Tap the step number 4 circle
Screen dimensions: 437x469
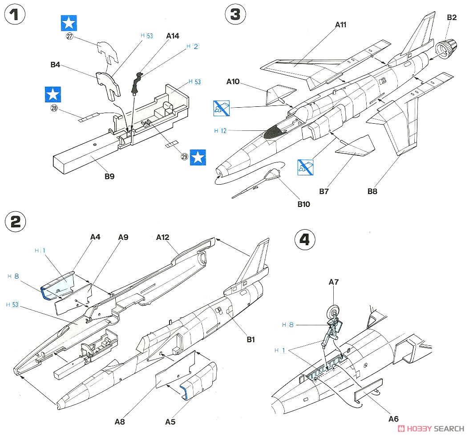(x=304, y=240)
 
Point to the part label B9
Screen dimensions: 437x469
(x=109, y=176)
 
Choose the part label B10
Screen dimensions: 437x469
(x=303, y=204)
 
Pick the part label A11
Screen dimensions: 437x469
(x=340, y=25)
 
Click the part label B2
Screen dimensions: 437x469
(x=451, y=17)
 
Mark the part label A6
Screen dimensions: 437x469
(x=393, y=418)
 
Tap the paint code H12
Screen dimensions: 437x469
(x=220, y=131)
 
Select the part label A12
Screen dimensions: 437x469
(x=163, y=238)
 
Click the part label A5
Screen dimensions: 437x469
(x=170, y=421)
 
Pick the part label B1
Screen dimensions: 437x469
(x=251, y=340)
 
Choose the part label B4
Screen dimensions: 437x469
(x=55, y=65)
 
